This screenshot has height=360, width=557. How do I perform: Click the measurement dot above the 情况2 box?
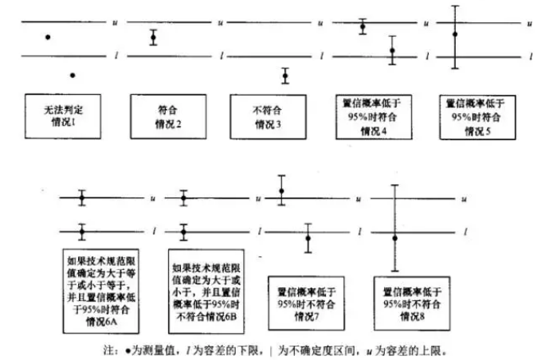154,37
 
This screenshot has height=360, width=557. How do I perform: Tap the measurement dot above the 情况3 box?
285,76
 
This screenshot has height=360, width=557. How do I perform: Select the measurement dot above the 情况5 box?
455,34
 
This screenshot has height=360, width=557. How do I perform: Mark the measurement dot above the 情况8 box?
394,237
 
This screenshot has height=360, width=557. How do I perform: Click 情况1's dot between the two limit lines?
49,38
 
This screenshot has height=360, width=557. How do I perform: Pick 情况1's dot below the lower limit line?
73,75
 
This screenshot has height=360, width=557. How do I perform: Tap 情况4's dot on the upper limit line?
363,27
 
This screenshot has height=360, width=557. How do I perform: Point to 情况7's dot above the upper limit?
281,190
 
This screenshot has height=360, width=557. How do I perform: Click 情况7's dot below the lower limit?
308,237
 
